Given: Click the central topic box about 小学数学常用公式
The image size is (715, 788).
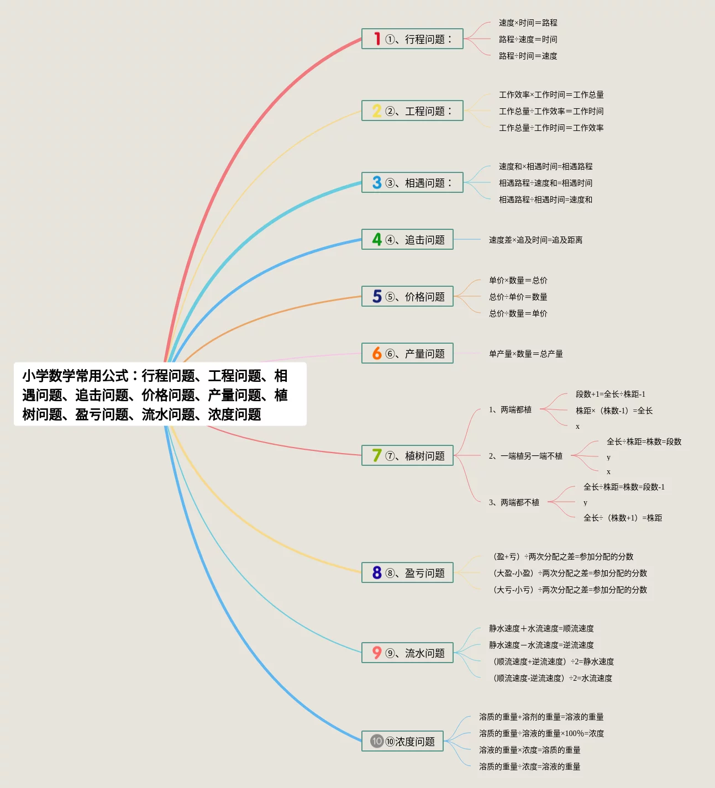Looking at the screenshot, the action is [160, 395].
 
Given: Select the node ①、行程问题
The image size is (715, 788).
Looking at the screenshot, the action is [412, 39].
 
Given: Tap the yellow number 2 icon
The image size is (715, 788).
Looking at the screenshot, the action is [377, 111].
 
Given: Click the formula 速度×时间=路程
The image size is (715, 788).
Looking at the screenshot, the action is [528, 23].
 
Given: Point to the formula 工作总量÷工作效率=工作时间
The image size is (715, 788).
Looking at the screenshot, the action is [551, 111].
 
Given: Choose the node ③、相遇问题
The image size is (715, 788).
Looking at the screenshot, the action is [412, 183].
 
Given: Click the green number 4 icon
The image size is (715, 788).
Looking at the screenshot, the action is [377, 240].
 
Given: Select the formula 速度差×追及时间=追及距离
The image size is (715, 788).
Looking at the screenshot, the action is [535, 240].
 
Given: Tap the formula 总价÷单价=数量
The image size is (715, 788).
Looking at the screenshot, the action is [518, 297].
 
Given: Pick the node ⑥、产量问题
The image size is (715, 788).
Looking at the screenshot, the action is [407, 354].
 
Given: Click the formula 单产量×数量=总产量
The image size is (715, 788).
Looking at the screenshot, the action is [525, 354].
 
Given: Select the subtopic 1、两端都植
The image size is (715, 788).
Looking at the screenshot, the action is [510, 409].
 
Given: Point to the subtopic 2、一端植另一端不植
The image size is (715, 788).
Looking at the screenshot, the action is [525, 456].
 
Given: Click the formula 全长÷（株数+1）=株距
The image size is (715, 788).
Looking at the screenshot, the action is [622, 518].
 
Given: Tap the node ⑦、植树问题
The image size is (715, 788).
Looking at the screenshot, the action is [407, 456].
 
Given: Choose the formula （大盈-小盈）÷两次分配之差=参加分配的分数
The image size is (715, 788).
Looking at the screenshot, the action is [569, 573].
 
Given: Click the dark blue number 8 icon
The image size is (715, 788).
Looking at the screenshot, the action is [377, 573].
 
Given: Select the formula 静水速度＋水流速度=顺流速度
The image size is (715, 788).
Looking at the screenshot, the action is [541, 628].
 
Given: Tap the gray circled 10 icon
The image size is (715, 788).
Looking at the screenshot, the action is [377, 741].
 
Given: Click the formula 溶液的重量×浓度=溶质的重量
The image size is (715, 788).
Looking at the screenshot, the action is [529, 750].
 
